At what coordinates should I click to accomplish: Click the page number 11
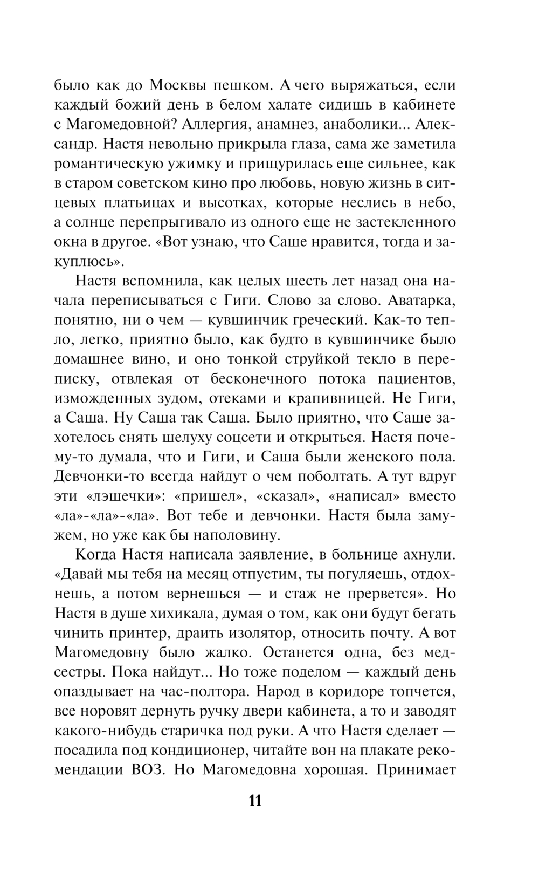pos(255,800)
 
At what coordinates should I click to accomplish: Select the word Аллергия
pos(213,125)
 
